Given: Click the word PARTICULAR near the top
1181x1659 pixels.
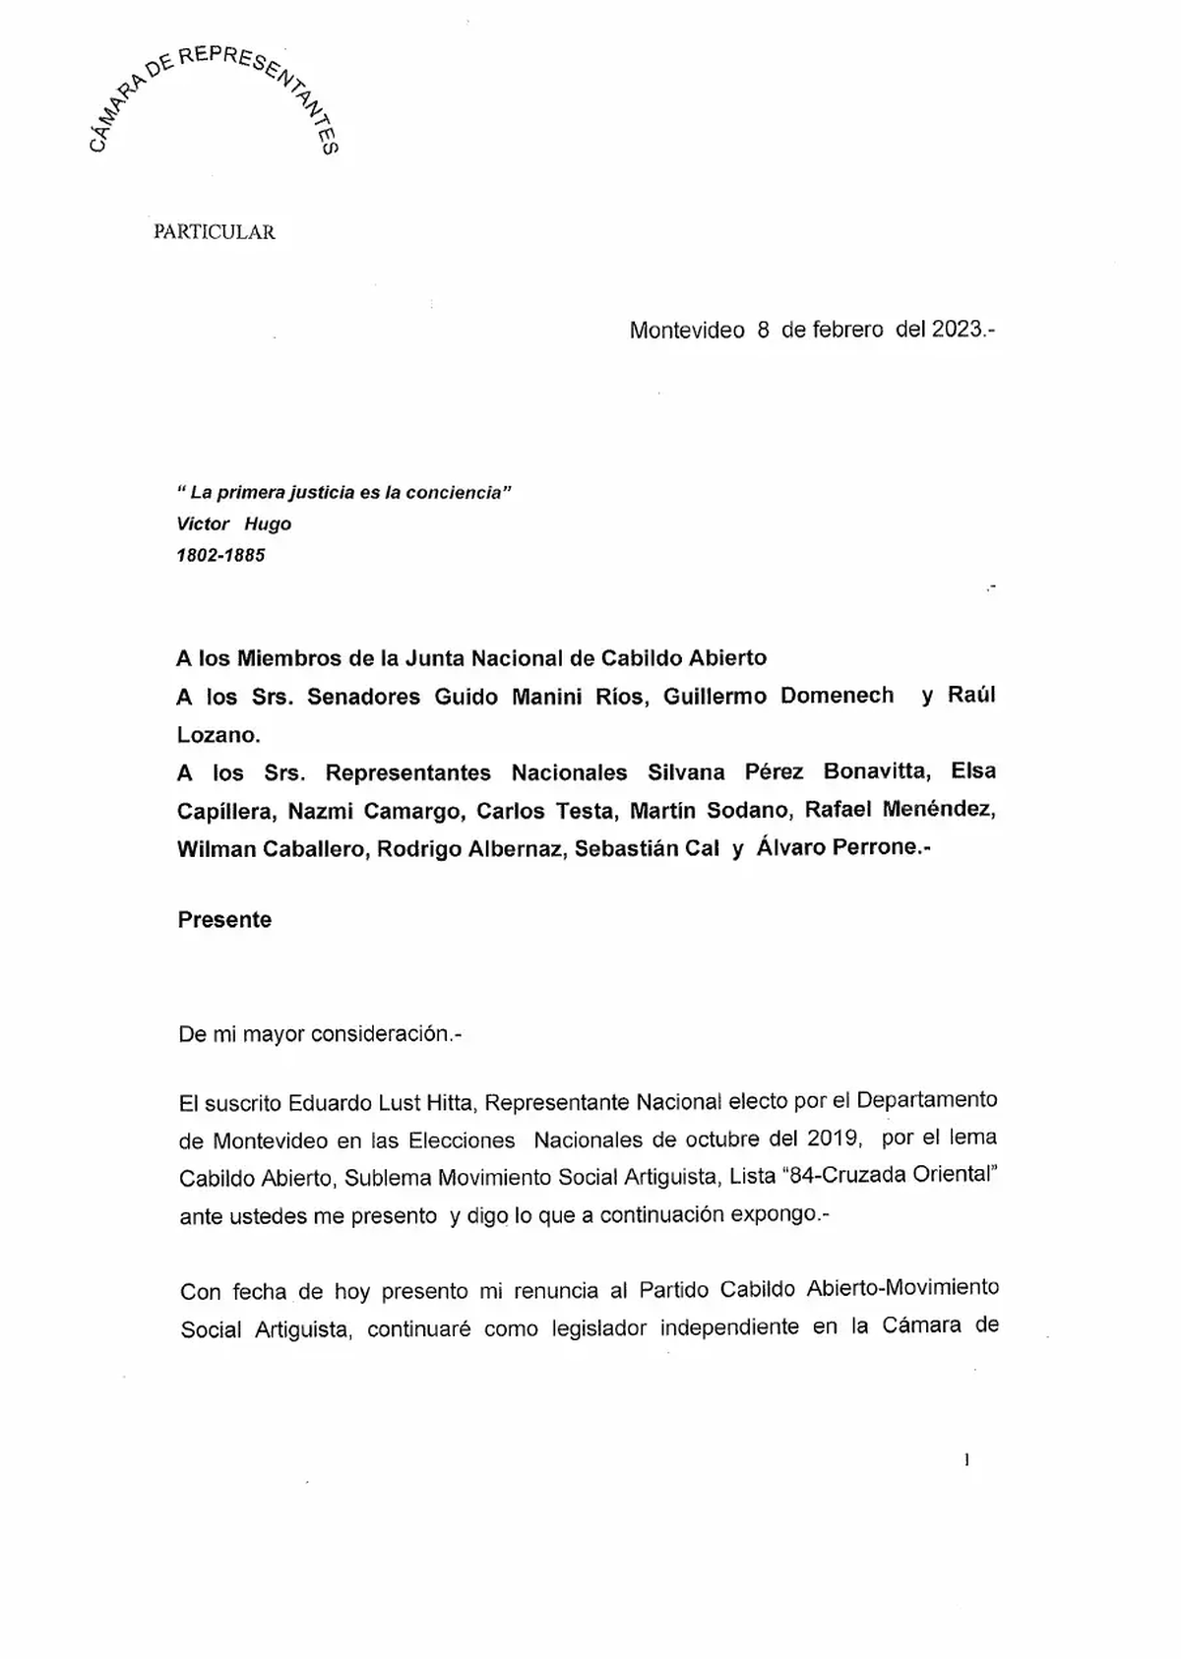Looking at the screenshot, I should tap(215, 232).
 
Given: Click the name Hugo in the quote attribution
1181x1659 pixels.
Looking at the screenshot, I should tap(268, 523).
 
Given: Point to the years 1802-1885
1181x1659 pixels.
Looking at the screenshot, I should tap(220, 555).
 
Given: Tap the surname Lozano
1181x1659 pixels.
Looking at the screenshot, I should tap(217, 734).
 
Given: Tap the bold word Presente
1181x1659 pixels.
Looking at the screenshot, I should tap(224, 920).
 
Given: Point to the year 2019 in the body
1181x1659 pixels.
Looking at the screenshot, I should tap(834, 1138).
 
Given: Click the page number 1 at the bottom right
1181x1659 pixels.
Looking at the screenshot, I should tap(966, 1460).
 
